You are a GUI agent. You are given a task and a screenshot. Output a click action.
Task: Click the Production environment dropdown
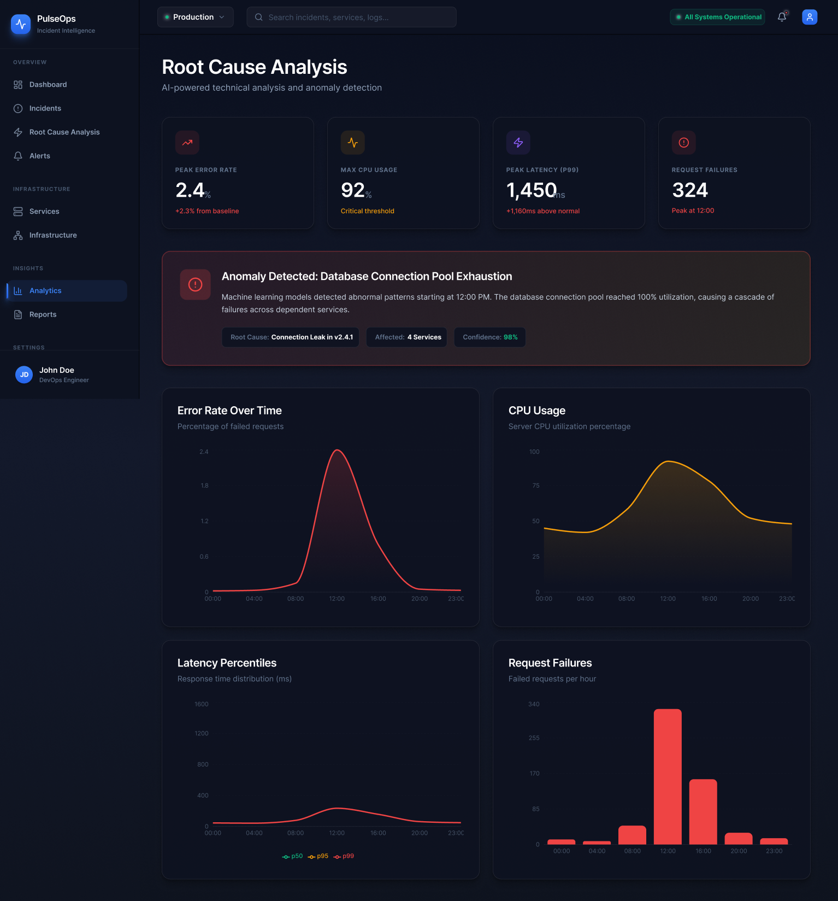[x=195, y=17]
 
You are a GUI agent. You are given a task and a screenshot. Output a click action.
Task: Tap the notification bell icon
[x=782, y=17]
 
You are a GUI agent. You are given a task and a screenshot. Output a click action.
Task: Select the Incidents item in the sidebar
[x=45, y=108]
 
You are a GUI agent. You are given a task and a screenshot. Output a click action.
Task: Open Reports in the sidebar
[x=43, y=314]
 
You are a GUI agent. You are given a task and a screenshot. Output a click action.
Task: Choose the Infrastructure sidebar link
[x=52, y=235]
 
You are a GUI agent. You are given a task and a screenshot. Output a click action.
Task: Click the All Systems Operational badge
[x=717, y=17]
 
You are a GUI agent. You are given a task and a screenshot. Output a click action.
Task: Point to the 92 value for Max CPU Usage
[x=353, y=190]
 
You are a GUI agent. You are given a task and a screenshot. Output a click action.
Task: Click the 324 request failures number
[x=690, y=190]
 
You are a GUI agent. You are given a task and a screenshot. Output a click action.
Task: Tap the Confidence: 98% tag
[x=489, y=337]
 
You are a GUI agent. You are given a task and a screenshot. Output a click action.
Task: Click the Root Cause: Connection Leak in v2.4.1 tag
[x=291, y=337]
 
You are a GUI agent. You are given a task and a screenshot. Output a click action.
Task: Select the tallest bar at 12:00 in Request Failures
[x=668, y=776]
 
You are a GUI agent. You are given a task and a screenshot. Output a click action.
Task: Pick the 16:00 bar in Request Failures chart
[x=703, y=811]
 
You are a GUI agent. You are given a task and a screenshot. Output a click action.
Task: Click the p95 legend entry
[x=318, y=856]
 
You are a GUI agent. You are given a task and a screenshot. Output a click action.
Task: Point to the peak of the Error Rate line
[x=338, y=450]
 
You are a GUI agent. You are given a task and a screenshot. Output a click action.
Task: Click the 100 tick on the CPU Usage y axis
[x=534, y=452]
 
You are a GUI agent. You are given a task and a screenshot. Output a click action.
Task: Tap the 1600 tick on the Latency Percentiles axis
[x=201, y=704]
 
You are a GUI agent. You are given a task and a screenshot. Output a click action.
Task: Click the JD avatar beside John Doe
[x=24, y=375]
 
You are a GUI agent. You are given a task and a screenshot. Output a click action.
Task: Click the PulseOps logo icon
[x=21, y=24]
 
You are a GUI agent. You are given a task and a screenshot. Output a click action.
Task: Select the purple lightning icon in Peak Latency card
[x=518, y=143]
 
